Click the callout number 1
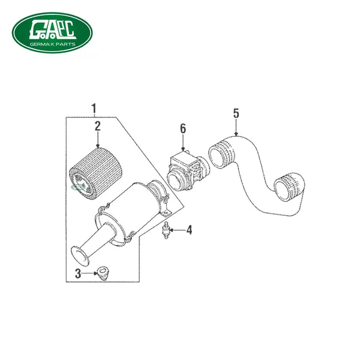pyautogui.click(x=94, y=109)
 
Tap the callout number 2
pyautogui.click(x=98, y=126)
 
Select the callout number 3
pyautogui.click(x=78, y=274)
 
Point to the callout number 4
pyautogui.click(x=189, y=230)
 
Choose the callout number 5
pyautogui.click(x=236, y=113)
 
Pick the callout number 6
pyautogui.click(x=183, y=128)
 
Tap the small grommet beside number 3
pyautogui.click(x=103, y=273)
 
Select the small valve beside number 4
pyautogui.click(x=166, y=230)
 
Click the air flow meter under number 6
pyautogui.click(x=188, y=171)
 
